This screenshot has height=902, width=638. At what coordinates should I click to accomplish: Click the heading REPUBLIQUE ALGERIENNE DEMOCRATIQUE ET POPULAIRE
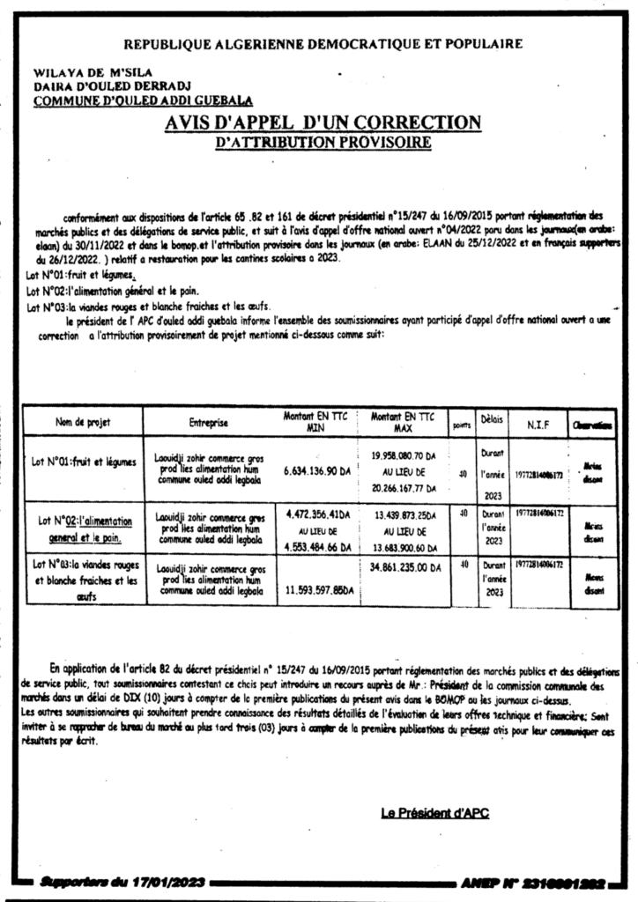(322, 43)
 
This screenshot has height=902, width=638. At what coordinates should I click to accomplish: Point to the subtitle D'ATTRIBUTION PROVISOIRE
(323, 141)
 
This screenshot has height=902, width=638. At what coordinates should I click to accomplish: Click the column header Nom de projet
(83, 422)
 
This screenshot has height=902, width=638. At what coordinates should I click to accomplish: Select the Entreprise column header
(208, 423)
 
